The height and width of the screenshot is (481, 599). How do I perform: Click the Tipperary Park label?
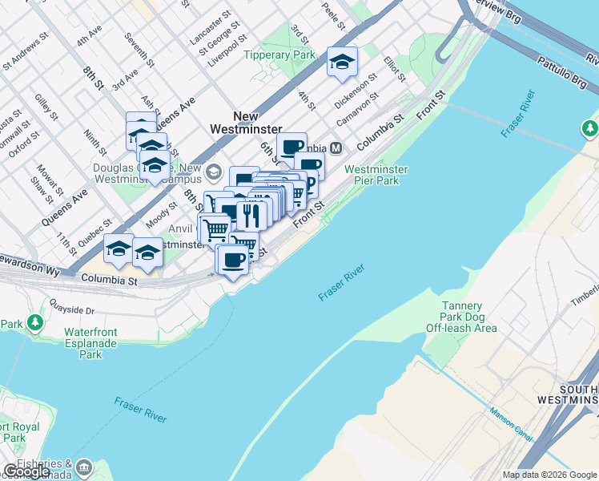(280, 55)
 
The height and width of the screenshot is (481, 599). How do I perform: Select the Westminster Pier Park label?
(376, 175)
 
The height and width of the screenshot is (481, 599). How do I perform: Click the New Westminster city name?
(246, 123)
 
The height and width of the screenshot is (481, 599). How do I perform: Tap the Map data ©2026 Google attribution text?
(549, 475)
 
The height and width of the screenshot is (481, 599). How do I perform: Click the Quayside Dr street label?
(72, 309)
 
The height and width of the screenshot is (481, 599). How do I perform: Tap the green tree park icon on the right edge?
(590, 128)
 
